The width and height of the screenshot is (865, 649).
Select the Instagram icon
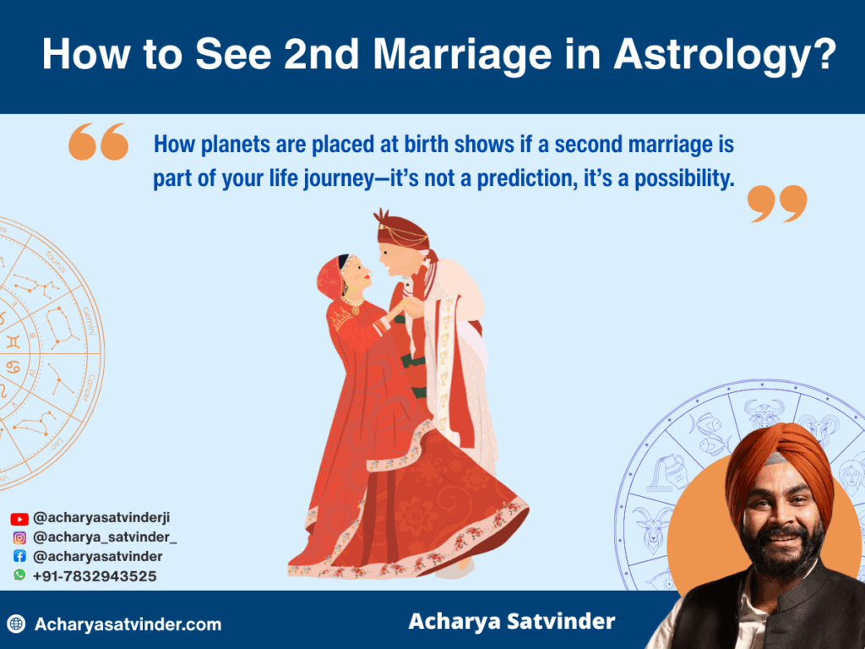click(x=19, y=537)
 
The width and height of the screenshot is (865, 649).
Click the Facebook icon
click(x=19, y=557)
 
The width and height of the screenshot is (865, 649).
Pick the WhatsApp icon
click(x=19, y=575)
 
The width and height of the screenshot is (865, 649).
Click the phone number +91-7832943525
click(x=95, y=575)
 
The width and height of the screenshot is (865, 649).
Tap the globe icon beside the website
click(x=16, y=624)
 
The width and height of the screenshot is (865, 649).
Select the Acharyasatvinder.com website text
click(x=128, y=624)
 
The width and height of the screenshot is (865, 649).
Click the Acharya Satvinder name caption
click(x=511, y=622)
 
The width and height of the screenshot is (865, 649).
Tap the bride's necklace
click(x=352, y=301)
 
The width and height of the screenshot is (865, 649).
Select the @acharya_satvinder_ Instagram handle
click(x=106, y=537)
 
